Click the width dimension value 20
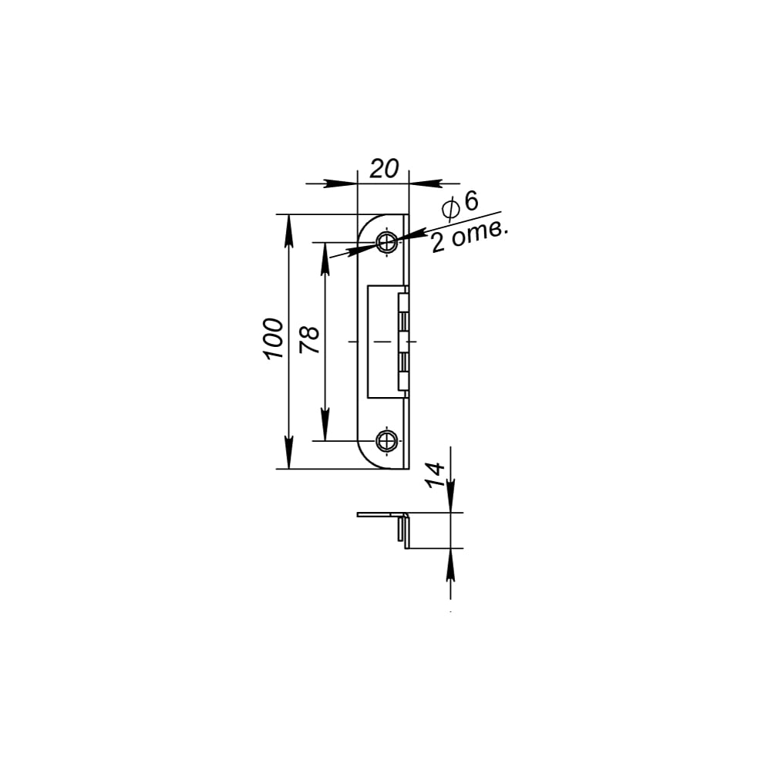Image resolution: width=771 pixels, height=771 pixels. (x=384, y=169)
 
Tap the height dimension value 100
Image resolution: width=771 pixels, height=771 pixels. (x=274, y=338)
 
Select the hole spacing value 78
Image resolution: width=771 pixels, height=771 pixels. (x=309, y=340)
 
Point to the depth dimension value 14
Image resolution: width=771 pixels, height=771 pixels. (x=435, y=475)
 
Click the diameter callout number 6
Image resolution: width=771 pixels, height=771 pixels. (x=471, y=200)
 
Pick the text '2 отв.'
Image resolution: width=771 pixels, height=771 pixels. (x=468, y=237)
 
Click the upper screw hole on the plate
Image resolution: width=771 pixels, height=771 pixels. (x=387, y=242)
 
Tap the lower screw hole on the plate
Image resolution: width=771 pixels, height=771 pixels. (x=387, y=440)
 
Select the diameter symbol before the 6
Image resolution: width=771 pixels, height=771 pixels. (x=451, y=208)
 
